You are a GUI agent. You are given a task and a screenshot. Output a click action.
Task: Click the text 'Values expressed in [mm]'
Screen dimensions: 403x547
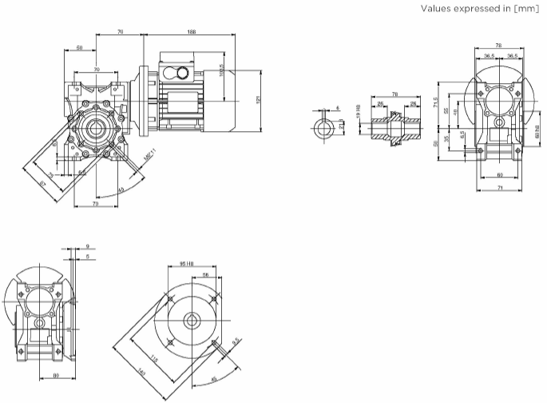[x=484, y=10]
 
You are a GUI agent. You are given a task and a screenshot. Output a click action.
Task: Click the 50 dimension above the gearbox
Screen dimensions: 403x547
[x=80, y=49]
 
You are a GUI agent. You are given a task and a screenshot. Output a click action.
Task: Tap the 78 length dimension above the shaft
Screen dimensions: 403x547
[x=394, y=94]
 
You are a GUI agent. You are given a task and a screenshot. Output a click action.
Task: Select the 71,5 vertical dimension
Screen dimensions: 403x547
[x=435, y=102]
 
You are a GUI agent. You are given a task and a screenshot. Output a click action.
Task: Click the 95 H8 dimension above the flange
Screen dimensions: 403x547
[x=188, y=263]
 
